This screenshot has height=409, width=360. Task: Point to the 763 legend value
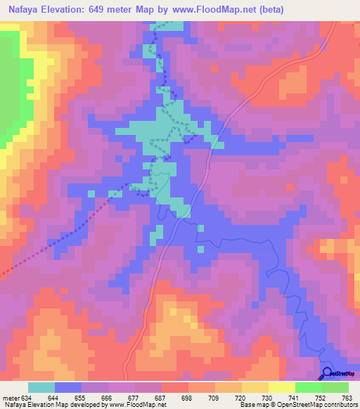[347, 398]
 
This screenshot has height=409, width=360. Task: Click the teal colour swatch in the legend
[41, 387]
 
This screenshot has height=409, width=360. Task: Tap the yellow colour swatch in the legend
[281, 387]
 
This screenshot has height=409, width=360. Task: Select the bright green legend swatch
[308, 387]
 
